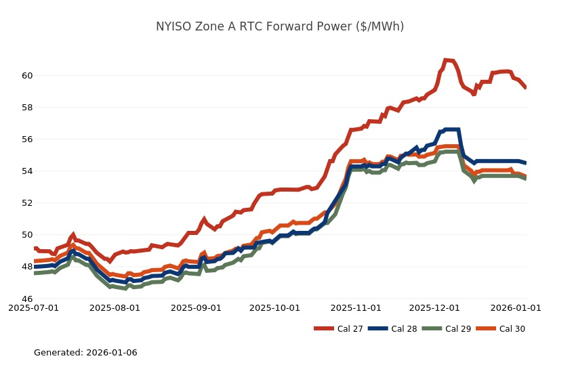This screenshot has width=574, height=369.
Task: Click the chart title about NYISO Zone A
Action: tap(280, 26)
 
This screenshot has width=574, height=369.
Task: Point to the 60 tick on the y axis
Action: tap(25, 75)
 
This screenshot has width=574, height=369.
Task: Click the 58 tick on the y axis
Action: tap(25, 107)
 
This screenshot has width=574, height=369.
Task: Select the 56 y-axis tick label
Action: tap(25, 139)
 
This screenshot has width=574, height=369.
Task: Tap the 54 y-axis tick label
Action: tap(25, 171)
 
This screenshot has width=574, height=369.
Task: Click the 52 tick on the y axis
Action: tap(25, 202)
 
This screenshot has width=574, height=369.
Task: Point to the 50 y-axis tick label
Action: tap(25, 235)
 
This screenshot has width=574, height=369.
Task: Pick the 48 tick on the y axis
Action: tap(25, 267)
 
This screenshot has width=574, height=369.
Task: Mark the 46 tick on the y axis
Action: tap(25, 299)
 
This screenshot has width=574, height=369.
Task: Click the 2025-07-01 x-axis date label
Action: tap(34, 307)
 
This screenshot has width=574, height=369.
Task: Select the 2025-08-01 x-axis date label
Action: tap(115, 307)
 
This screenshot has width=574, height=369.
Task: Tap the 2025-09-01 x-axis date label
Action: tap(196, 307)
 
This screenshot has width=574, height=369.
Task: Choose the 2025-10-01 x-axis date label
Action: tap(274, 307)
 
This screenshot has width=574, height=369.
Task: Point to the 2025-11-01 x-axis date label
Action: tap(356, 307)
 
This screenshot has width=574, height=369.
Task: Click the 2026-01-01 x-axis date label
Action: tap(516, 307)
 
